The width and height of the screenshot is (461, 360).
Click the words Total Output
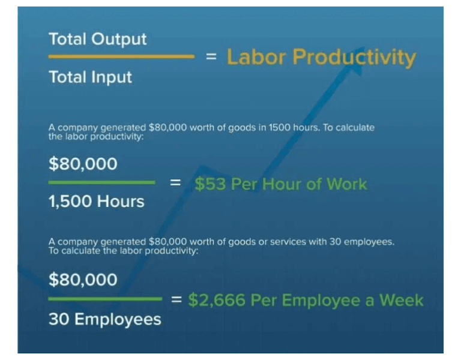(x=97, y=40)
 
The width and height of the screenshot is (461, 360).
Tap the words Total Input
(x=90, y=77)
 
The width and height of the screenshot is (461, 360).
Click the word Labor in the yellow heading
(x=256, y=58)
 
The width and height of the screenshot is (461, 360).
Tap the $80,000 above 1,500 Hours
(x=83, y=164)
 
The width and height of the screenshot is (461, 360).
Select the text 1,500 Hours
(x=96, y=201)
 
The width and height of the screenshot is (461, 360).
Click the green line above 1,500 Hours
(x=101, y=182)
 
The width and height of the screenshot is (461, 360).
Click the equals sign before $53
(x=175, y=183)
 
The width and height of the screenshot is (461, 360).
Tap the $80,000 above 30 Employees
(x=83, y=280)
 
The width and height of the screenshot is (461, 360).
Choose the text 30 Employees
(x=104, y=319)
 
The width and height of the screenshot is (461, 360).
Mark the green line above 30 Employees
(x=105, y=298)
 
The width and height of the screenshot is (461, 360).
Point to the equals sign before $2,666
(x=176, y=299)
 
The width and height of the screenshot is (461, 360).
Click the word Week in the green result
(x=402, y=300)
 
